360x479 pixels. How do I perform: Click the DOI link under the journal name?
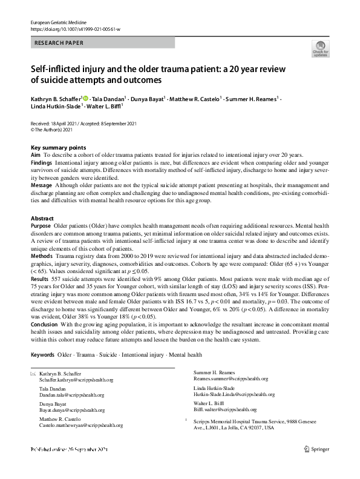point(76,28)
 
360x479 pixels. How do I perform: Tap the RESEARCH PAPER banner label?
point(59,43)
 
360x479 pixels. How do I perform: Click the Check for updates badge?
point(320,48)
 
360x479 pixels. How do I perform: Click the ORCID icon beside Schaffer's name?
point(85,97)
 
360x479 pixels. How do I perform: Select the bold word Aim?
point(36,156)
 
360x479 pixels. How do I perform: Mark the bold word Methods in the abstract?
point(41,257)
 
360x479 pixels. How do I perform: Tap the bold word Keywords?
point(42,354)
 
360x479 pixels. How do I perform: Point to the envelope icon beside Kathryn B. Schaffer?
point(33,374)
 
